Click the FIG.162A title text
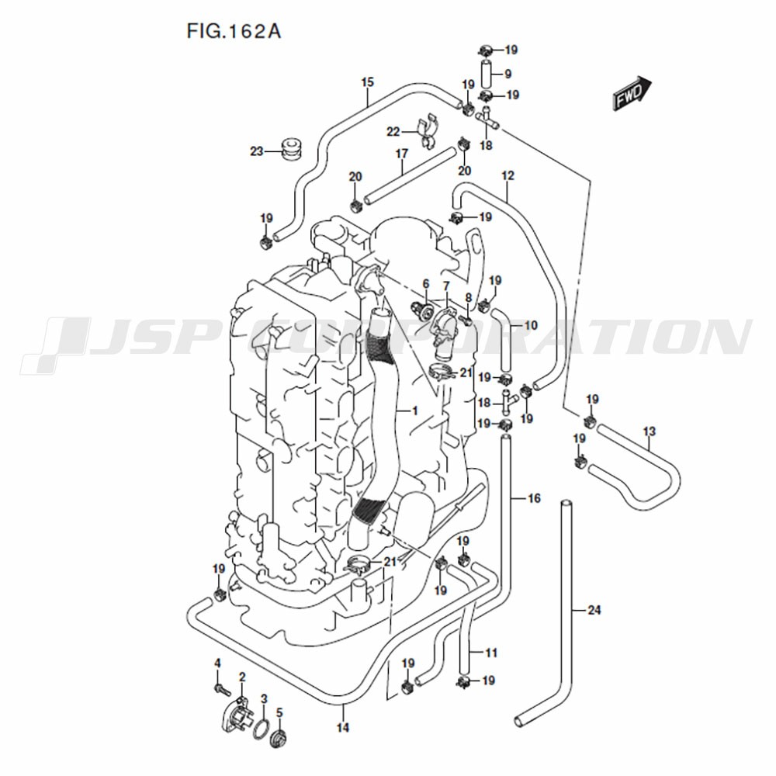tap(234, 32)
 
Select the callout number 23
tap(256, 151)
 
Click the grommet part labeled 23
tap(292, 151)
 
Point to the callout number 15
tap(368, 82)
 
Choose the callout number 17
tap(402, 154)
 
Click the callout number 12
tap(508, 175)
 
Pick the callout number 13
tap(650, 431)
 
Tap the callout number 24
tap(594, 610)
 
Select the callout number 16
tap(534, 498)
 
